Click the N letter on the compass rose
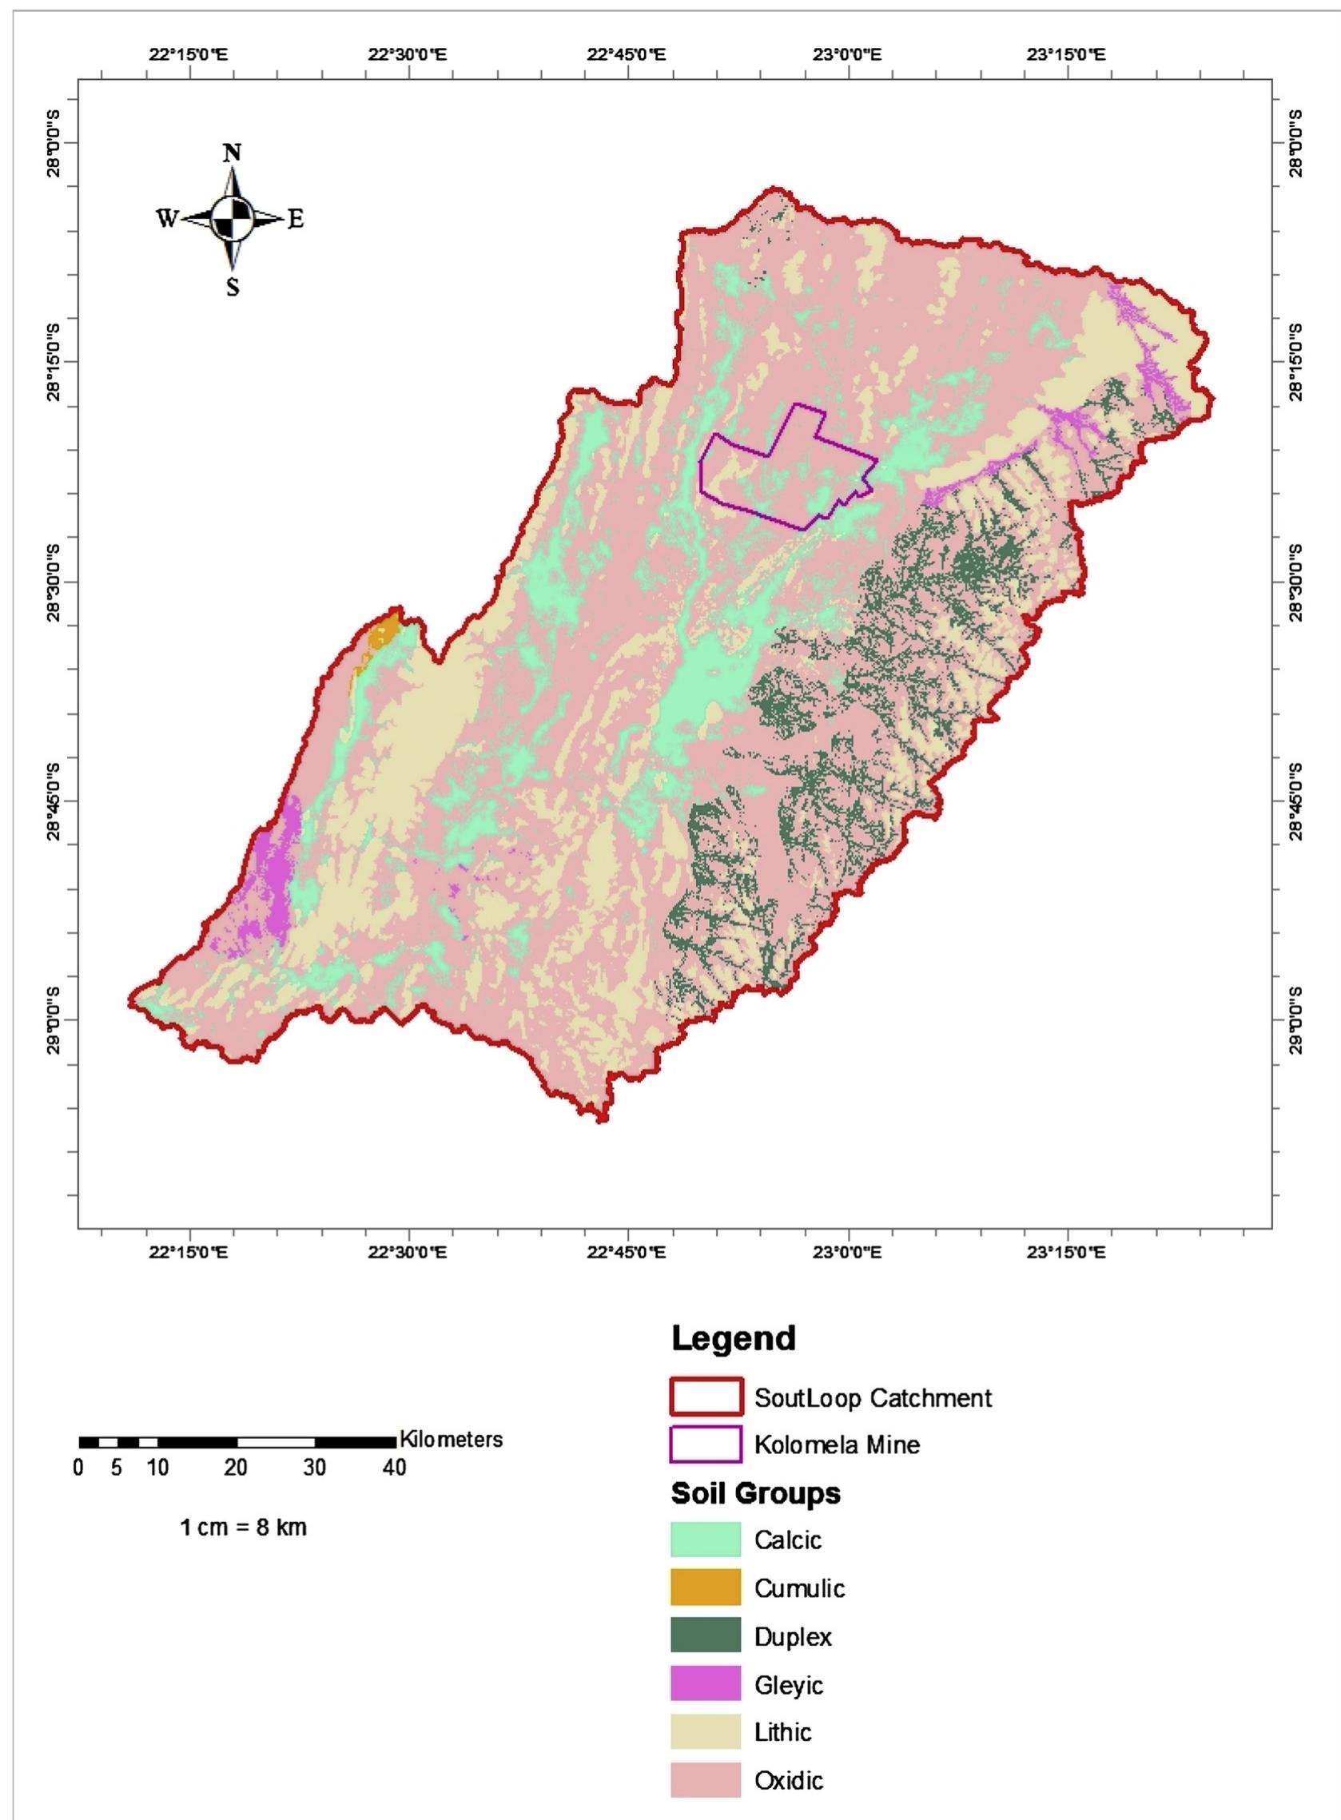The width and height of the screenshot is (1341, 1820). (233, 153)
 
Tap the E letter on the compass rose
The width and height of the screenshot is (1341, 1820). (296, 219)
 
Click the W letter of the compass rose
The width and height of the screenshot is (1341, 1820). (166, 219)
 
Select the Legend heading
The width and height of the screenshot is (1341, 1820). (733, 1338)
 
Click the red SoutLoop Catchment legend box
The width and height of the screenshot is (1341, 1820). (706, 1397)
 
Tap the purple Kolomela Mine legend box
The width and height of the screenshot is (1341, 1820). (706, 1444)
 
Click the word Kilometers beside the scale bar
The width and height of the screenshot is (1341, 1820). (451, 1440)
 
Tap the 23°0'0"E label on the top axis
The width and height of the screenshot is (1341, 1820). (849, 55)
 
